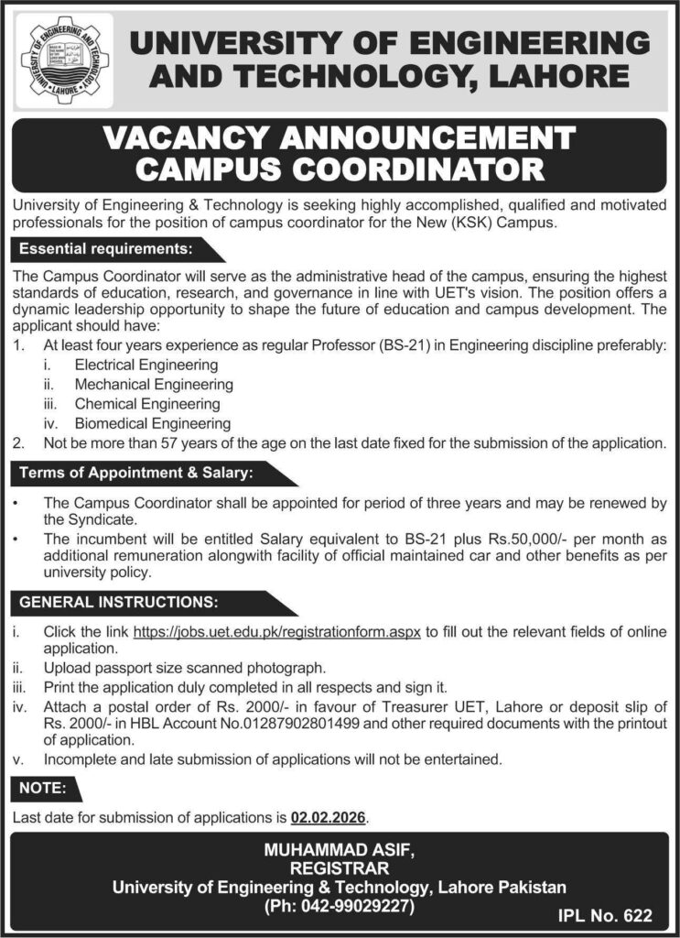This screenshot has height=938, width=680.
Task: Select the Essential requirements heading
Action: [x=106, y=248]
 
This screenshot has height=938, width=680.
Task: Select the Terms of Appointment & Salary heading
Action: [x=136, y=473]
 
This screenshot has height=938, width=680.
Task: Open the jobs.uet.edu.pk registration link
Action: [x=277, y=632]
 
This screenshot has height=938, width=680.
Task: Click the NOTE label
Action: [x=39, y=787]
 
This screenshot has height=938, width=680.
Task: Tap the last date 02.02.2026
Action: [x=333, y=816]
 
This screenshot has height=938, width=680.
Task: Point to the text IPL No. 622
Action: [x=607, y=913]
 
